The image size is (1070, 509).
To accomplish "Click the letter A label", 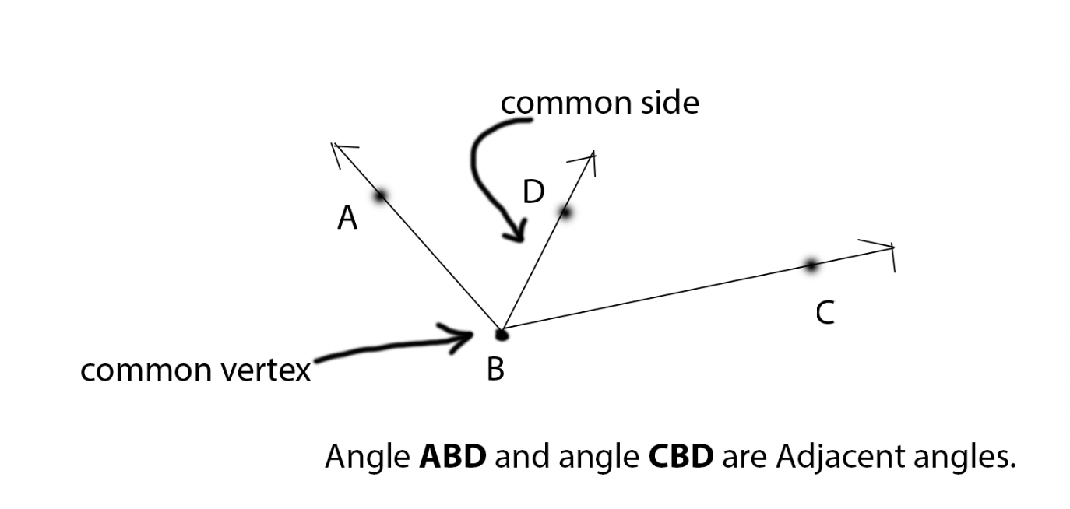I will (x=347, y=219).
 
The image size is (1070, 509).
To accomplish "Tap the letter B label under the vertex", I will (x=495, y=369).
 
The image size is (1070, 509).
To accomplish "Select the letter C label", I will (x=825, y=313).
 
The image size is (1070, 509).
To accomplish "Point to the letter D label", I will (x=533, y=191).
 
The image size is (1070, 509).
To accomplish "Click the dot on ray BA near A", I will (x=381, y=196).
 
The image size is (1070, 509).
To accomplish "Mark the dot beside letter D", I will (x=566, y=212).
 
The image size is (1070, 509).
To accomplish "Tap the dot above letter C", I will (x=811, y=265).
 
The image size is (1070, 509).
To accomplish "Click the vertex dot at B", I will (x=502, y=335).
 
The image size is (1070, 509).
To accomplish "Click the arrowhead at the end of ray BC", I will (x=891, y=248).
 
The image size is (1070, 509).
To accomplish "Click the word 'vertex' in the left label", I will (x=262, y=370).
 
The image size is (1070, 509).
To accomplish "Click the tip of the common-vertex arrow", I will (x=473, y=335).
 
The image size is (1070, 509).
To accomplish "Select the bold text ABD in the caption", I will (x=452, y=457).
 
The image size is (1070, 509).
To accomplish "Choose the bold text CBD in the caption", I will (x=681, y=457).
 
